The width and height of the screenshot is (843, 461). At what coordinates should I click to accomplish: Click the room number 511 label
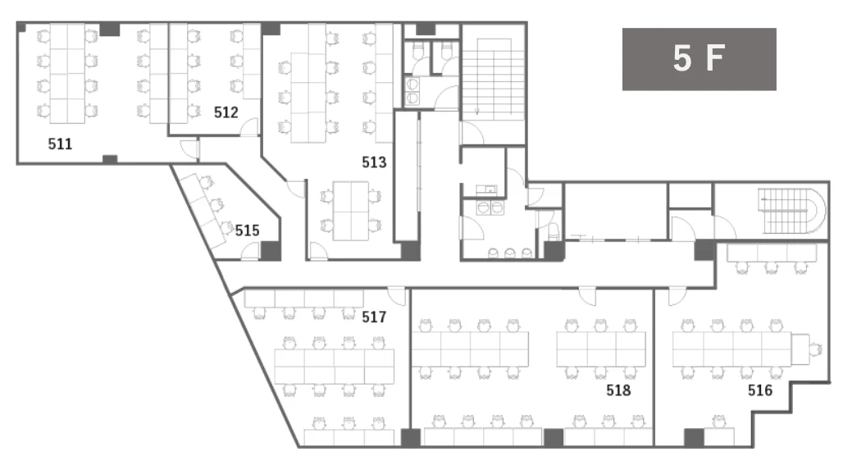pyautogui.click(x=60, y=144)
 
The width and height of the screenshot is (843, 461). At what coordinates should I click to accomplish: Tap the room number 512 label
pyautogui.click(x=226, y=112)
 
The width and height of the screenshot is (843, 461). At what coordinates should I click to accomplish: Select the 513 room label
pyautogui.click(x=374, y=162)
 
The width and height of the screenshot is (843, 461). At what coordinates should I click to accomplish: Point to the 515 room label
pyautogui.click(x=247, y=230)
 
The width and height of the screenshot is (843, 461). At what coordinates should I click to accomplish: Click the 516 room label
pyautogui.click(x=759, y=390)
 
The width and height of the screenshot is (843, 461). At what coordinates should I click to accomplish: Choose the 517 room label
pyautogui.click(x=374, y=317)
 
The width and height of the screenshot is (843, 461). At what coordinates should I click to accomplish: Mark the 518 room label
pyautogui.click(x=618, y=390)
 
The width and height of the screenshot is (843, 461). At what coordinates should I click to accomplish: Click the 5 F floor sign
pyautogui.click(x=699, y=58)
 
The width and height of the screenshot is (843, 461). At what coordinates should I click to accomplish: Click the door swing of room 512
pyautogui.click(x=249, y=127)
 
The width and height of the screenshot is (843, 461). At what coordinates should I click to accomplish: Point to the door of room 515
pyautogui.click(x=251, y=252)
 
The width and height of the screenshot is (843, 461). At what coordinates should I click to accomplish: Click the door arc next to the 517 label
pyautogui.click(x=397, y=296)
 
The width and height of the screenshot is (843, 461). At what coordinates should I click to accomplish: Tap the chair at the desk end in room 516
pyautogui.click(x=816, y=349)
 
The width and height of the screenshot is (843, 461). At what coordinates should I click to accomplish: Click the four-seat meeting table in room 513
pyautogui.click(x=350, y=211)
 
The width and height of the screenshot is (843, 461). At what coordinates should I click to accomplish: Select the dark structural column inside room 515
pyautogui.click(x=271, y=251)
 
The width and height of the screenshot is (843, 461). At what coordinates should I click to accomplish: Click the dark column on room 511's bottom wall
pyautogui.click(x=110, y=159)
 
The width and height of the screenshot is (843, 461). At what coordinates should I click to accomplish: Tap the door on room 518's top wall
pyautogui.click(x=587, y=296)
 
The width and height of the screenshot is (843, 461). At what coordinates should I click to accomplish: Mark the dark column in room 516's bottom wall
pyautogui.click(x=694, y=437)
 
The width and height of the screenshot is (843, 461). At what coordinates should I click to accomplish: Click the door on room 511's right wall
pyautogui.click(x=190, y=149)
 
